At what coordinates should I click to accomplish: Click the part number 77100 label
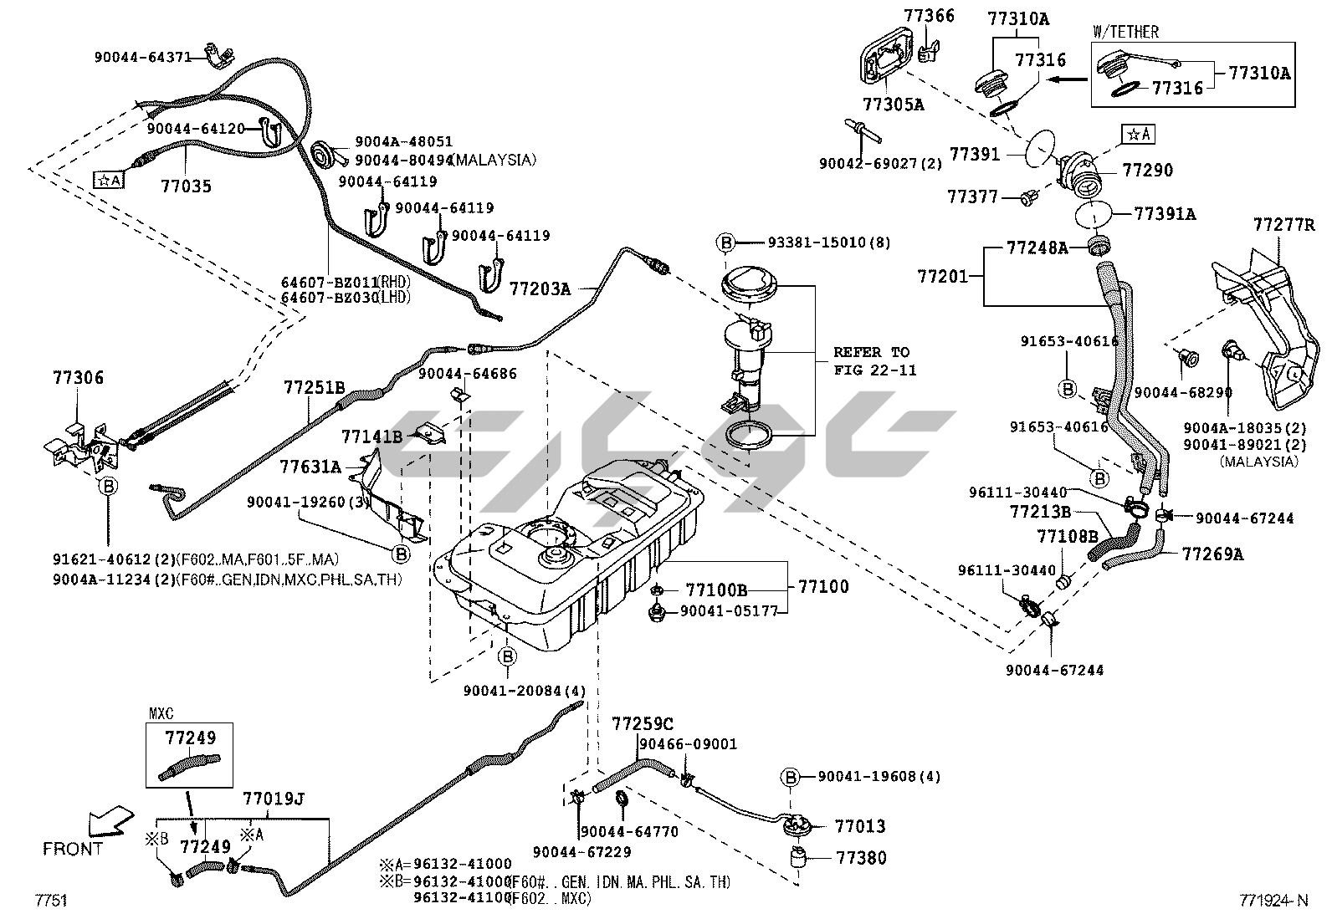tap(822, 586)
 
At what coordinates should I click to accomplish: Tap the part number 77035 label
tap(186, 186)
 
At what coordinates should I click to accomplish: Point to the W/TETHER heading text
tap(1125, 33)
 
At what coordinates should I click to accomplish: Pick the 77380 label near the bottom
tap(861, 858)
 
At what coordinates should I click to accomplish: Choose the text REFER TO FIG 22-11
tap(871, 360)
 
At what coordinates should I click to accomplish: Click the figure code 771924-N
tap(1273, 901)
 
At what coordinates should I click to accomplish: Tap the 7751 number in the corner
tap(50, 901)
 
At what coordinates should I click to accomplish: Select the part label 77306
tap(76, 378)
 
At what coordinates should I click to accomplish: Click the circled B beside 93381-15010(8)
tap(725, 243)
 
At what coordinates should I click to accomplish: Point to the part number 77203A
tap(540, 289)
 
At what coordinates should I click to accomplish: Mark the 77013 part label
tap(860, 826)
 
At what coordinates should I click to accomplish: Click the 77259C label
tap(642, 722)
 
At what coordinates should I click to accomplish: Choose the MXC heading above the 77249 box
tap(161, 714)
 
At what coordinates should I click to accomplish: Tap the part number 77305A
tap(893, 105)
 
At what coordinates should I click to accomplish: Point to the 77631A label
tap(310, 467)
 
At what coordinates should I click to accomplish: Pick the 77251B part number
tap(314, 387)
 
